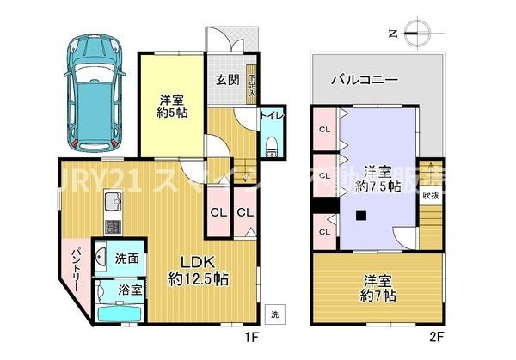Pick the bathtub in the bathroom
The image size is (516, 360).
pos(115,314)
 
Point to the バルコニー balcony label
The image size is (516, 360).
pos(364,80)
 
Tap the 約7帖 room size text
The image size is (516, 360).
pos(378,296)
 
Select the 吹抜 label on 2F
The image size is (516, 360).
pos(431,195)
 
